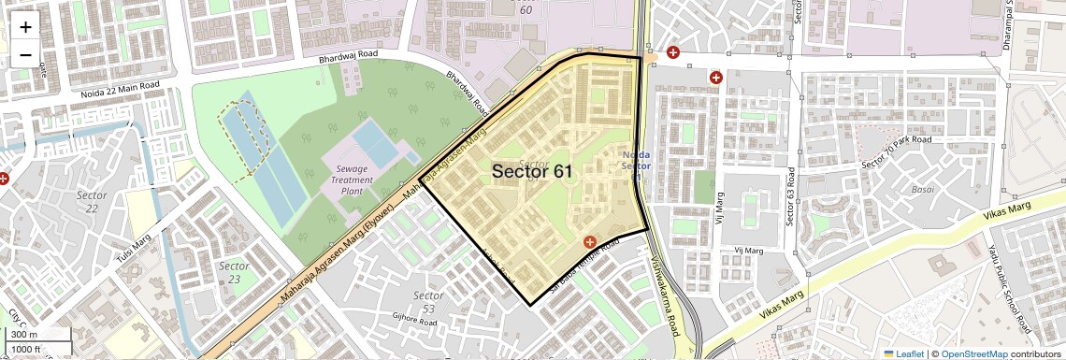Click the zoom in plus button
click(x=25, y=27)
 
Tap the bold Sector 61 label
click(x=532, y=171)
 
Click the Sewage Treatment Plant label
click(x=351, y=180)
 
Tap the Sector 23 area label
click(x=234, y=272)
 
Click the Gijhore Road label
click(x=414, y=321)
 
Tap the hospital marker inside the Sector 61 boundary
click(x=590, y=242)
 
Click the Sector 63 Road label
click(x=791, y=197)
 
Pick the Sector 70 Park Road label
click(x=895, y=152)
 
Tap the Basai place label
click(x=922, y=189)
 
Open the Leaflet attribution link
click(x=903, y=353)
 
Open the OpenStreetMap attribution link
click(x=973, y=353)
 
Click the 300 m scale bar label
click(x=25, y=335)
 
